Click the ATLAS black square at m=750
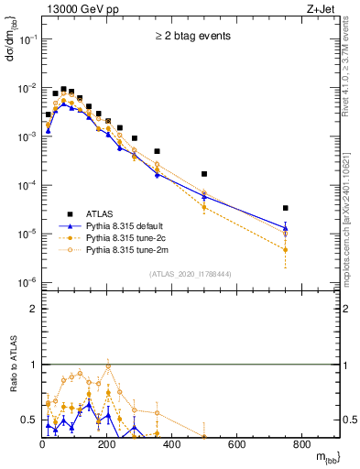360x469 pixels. (311, 208)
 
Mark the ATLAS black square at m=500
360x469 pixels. (229, 173)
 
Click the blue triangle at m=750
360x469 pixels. (311, 228)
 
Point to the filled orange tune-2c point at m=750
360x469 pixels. (311, 249)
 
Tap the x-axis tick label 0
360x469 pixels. (42, 445)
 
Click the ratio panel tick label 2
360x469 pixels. (33, 309)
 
